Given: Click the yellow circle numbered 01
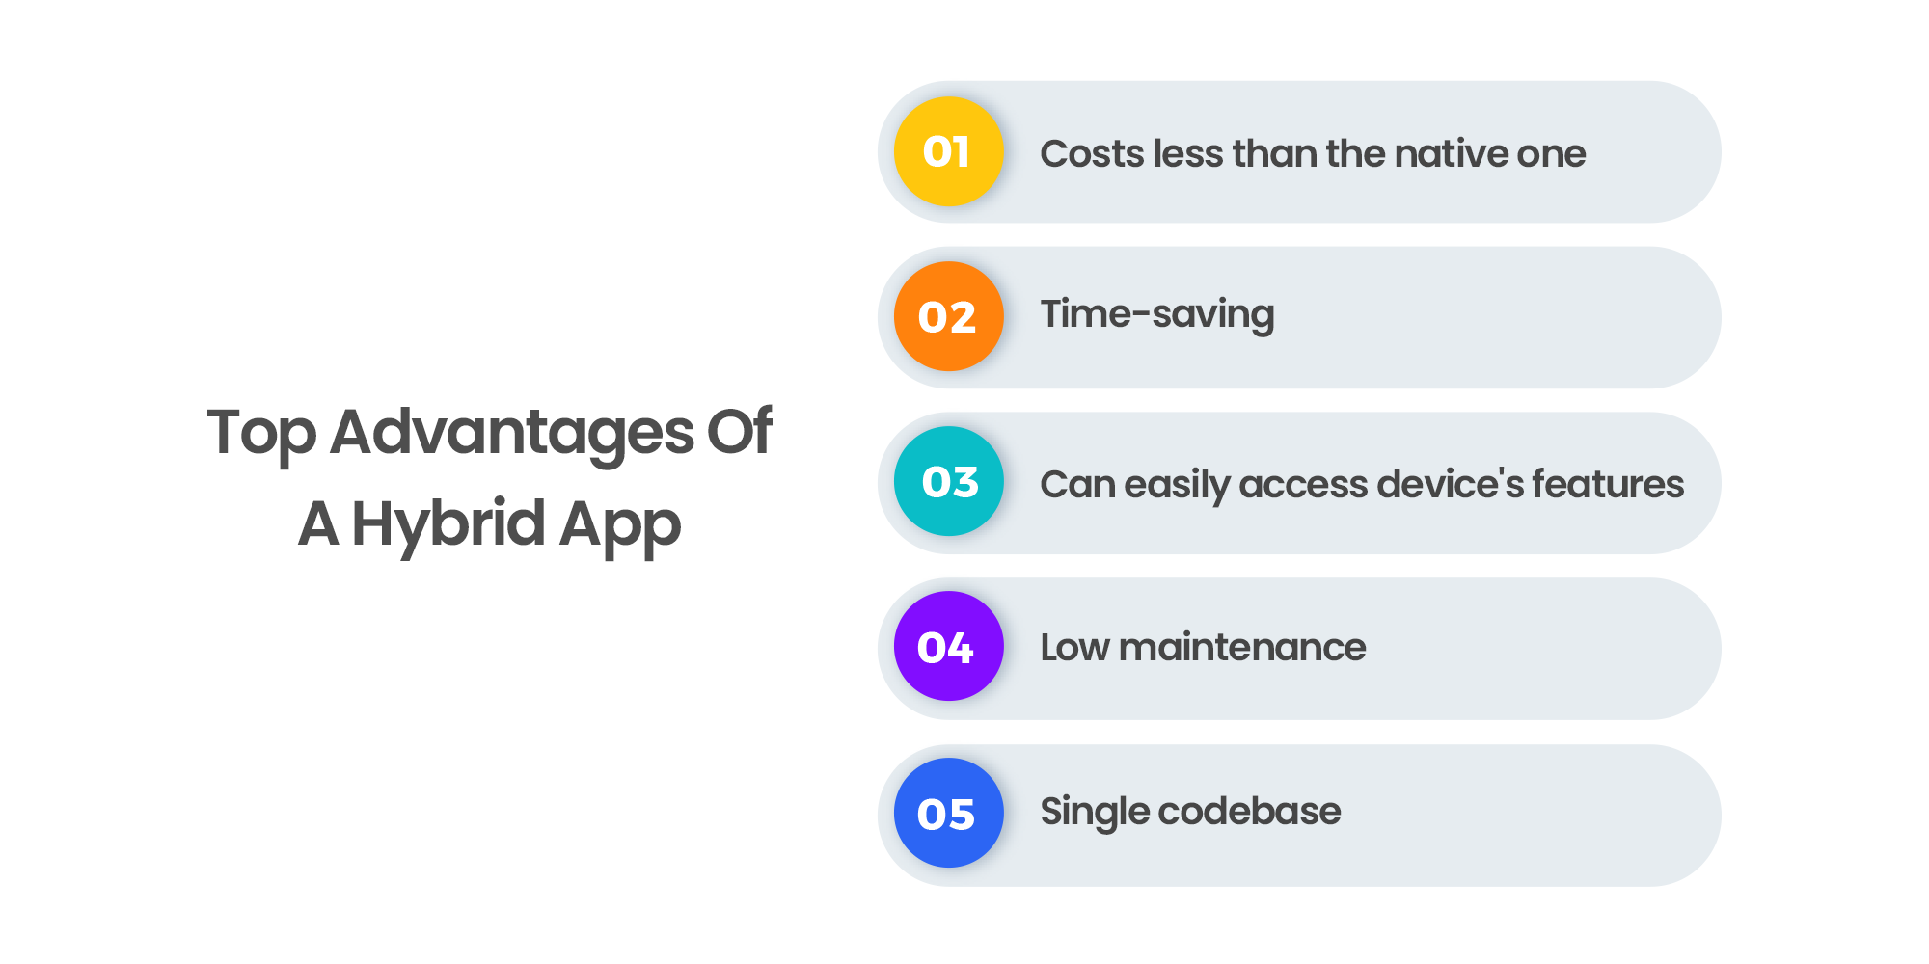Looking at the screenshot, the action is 949,151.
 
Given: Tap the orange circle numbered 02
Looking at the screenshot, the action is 949,316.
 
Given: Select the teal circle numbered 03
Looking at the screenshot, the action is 949,481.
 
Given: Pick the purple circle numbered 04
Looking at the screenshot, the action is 949,646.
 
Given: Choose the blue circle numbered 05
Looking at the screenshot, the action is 949,813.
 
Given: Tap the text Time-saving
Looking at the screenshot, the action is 1157,315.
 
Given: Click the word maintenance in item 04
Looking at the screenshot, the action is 1242,647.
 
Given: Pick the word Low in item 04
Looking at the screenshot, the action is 1074,647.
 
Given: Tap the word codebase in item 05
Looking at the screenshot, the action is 1249,811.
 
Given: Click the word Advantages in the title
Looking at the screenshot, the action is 512,433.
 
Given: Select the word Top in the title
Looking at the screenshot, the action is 261,433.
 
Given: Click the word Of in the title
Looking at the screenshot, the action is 740,430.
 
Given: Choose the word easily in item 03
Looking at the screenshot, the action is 1176,485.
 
